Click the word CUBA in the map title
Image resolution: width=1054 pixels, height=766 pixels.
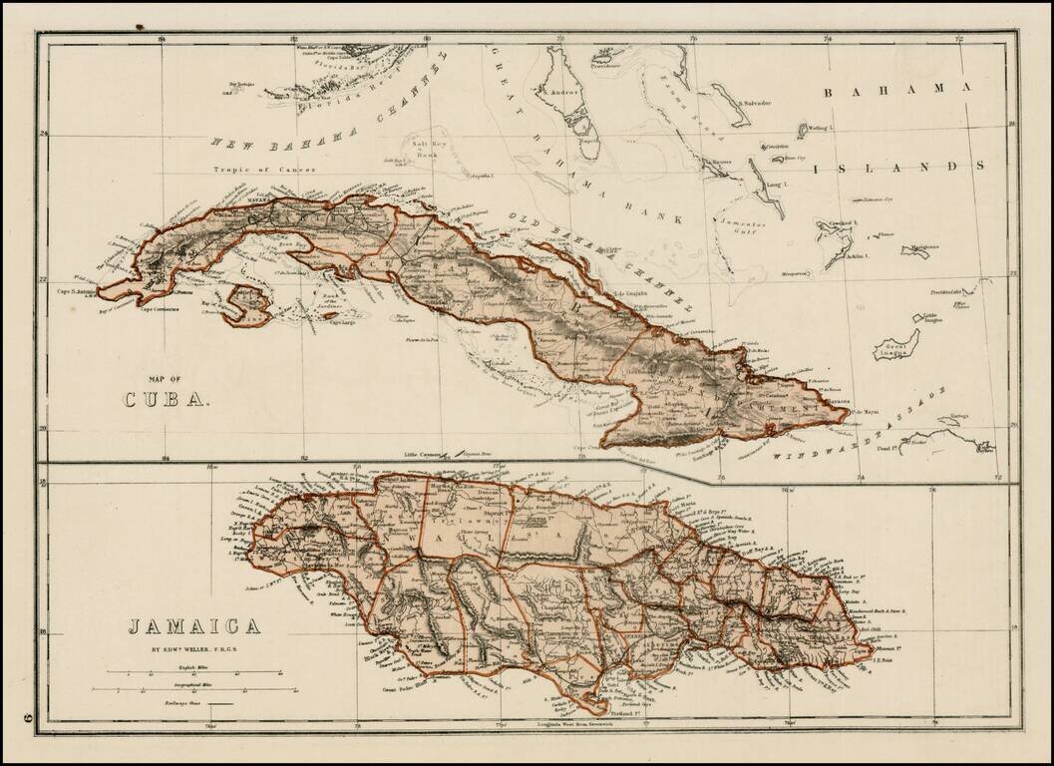pos(167,399)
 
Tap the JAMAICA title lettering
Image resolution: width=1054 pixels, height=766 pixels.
pos(193,626)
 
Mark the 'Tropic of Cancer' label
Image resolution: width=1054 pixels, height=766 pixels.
pos(263,170)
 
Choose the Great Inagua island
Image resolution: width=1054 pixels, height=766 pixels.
pos(895,349)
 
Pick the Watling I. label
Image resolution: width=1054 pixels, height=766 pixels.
pos(819,128)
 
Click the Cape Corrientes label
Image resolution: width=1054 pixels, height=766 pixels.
pos(160,309)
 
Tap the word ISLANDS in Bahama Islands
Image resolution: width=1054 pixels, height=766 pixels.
pos(898,167)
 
